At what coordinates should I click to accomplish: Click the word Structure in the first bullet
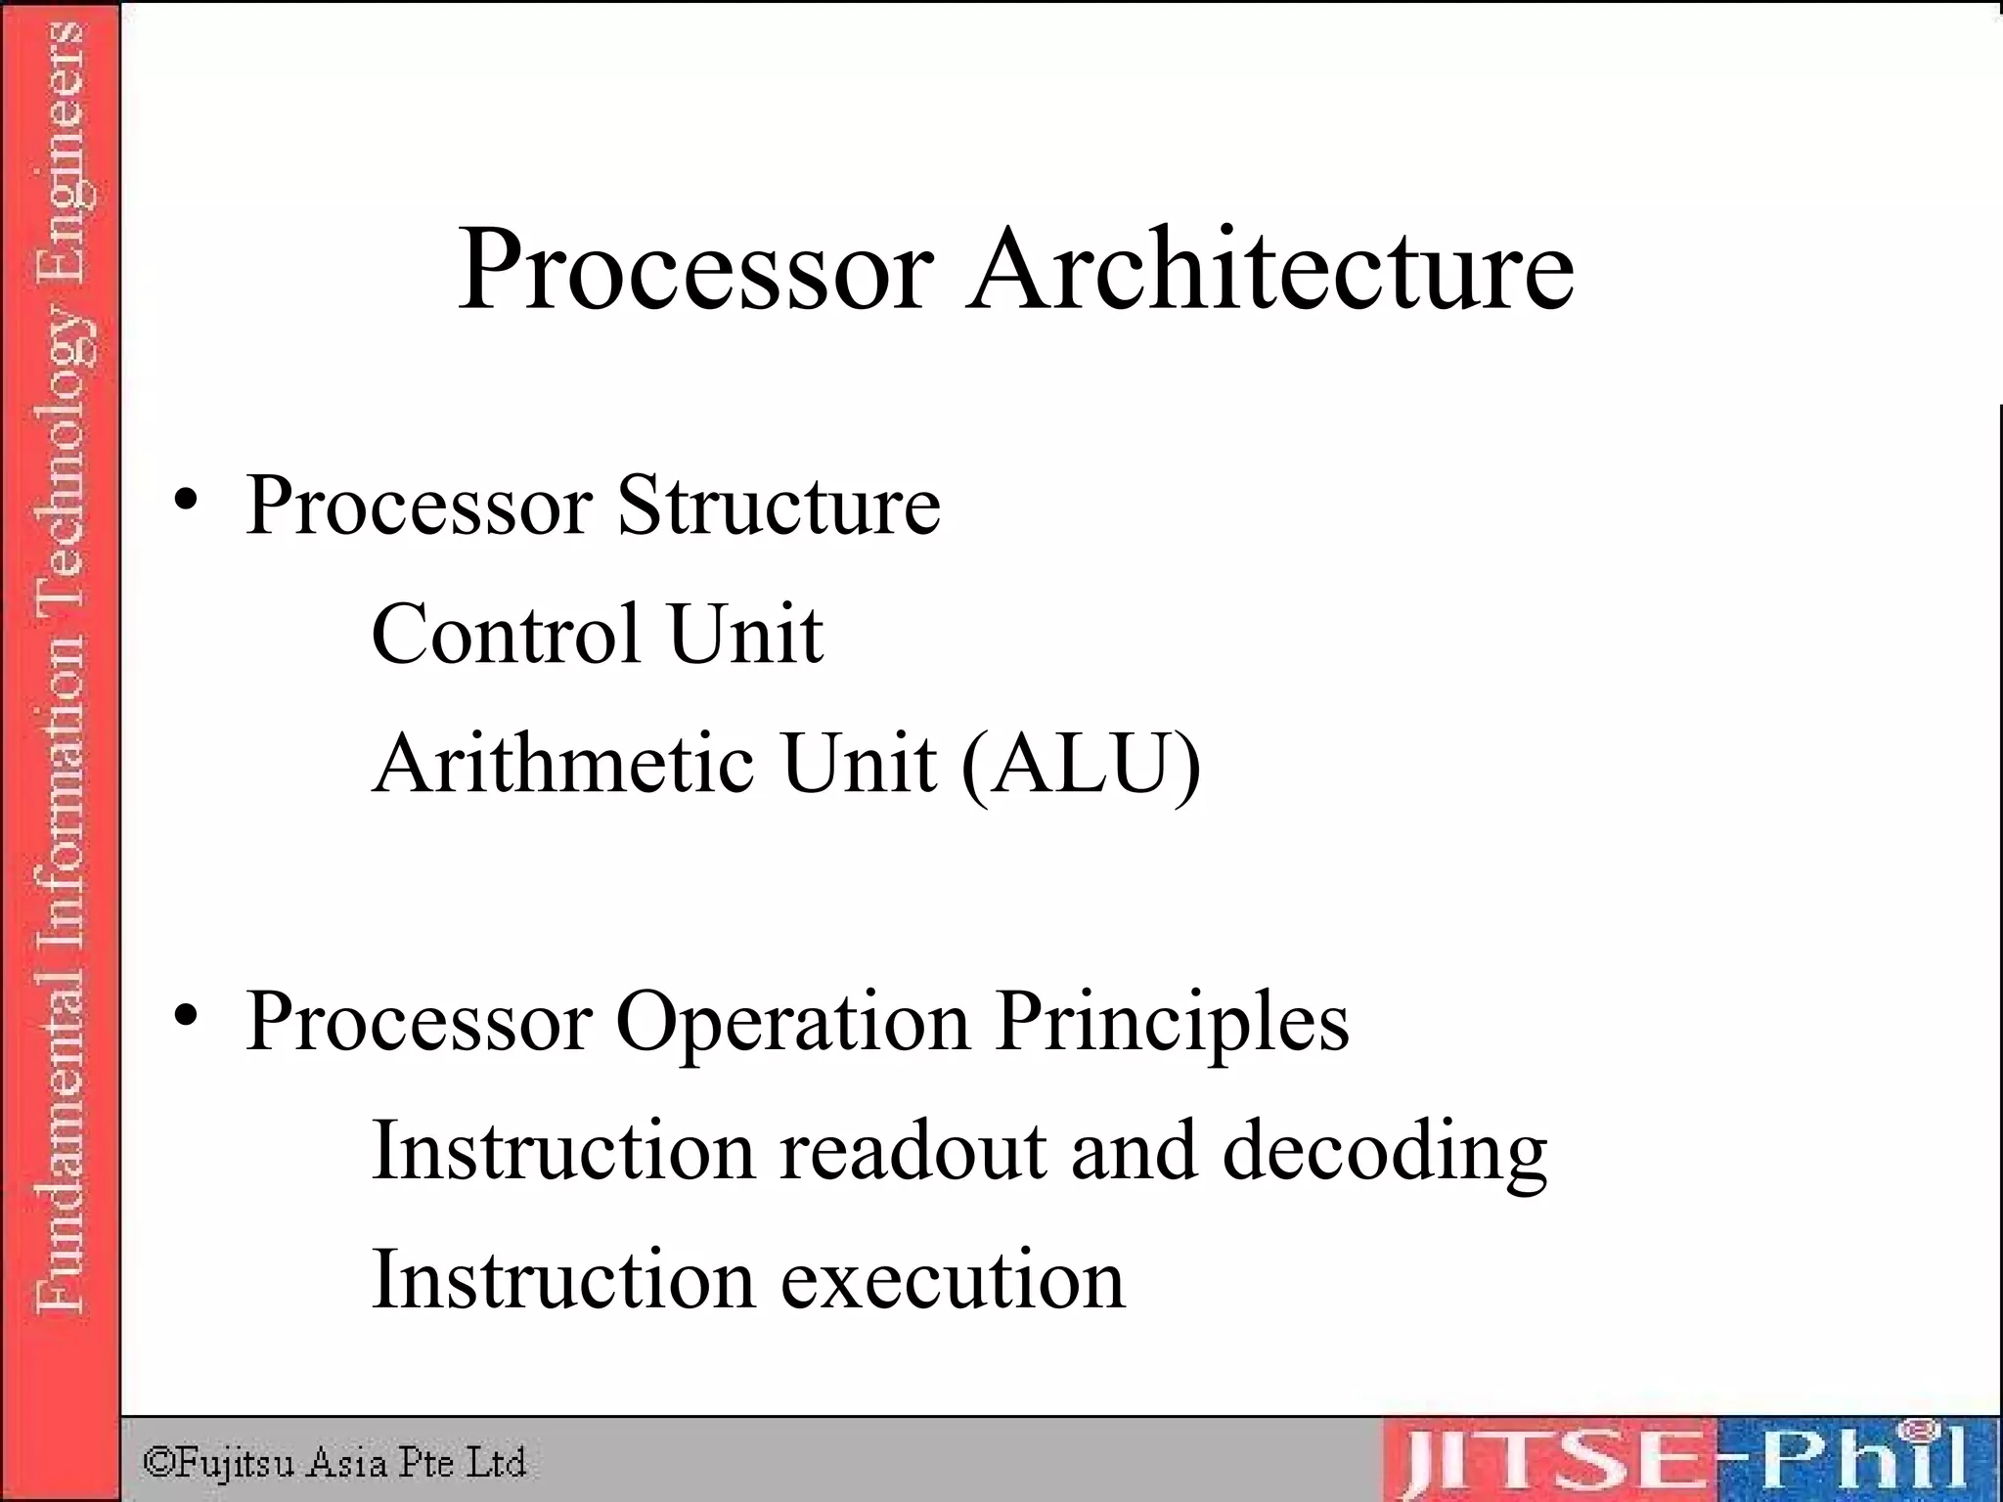click(779, 506)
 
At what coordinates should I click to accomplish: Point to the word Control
click(506, 634)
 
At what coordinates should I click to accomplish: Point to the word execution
click(953, 1280)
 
